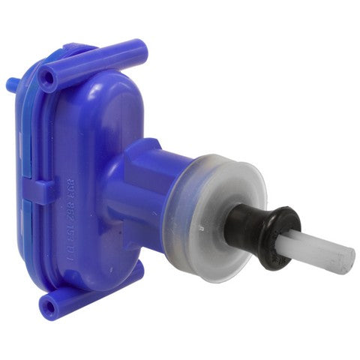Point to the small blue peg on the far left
tap(10, 83)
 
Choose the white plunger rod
tap(322, 251)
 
